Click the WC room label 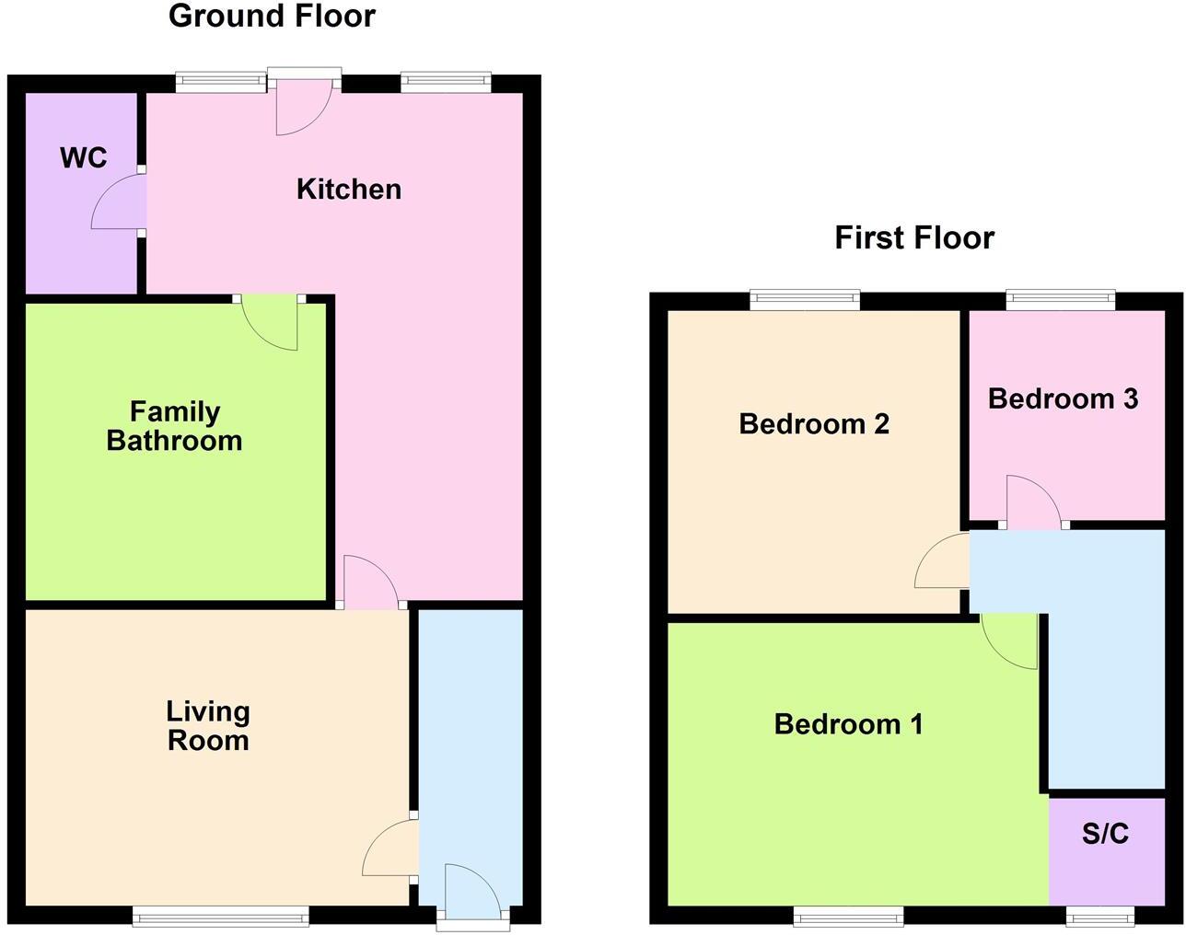point(84,157)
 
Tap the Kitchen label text point(349,189)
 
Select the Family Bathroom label point(174,426)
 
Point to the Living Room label point(208,726)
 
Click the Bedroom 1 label point(848,724)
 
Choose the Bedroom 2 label point(814,424)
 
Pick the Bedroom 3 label point(1063,398)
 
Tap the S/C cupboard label point(1105,834)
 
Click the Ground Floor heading point(272,16)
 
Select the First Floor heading point(914,237)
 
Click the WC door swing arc point(118,202)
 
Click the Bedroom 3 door point(1033,502)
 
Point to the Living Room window point(221,915)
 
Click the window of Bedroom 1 point(848,915)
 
